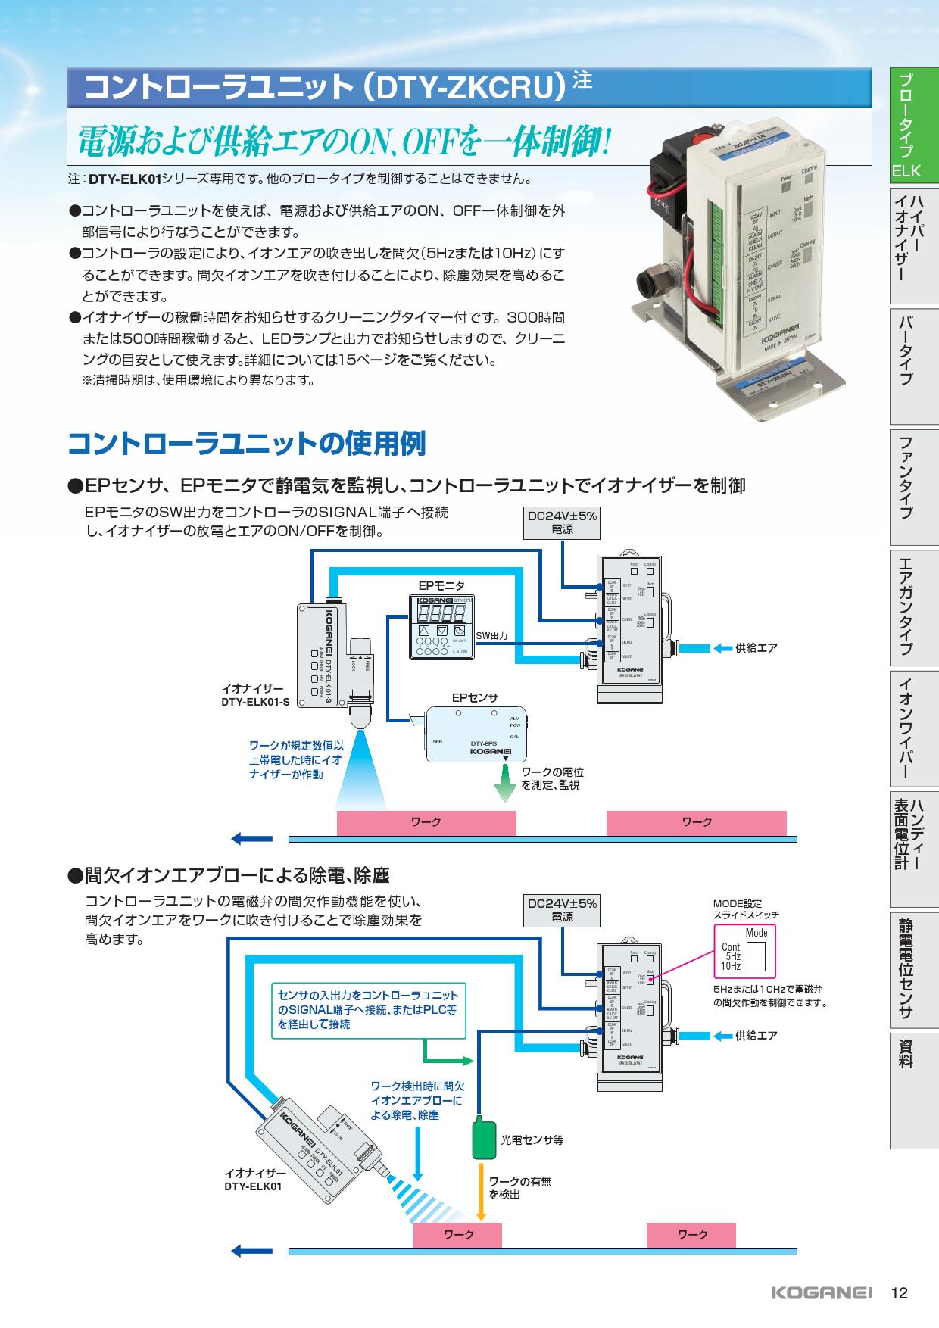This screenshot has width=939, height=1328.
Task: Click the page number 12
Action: [899, 1292]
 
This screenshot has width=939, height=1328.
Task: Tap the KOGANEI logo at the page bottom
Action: [822, 1292]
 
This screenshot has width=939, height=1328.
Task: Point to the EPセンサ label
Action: [475, 697]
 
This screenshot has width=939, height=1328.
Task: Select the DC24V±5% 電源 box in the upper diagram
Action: [562, 522]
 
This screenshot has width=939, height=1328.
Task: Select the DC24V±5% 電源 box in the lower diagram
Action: [562, 910]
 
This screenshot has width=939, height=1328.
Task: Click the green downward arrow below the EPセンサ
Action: [504, 786]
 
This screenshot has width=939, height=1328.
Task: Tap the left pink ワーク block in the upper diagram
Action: [426, 822]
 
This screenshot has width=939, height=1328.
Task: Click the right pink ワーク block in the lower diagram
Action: [691, 1234]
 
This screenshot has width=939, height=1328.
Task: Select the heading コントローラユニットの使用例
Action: [247, 444]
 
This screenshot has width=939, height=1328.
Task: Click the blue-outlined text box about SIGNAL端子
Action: [368, 1009]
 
